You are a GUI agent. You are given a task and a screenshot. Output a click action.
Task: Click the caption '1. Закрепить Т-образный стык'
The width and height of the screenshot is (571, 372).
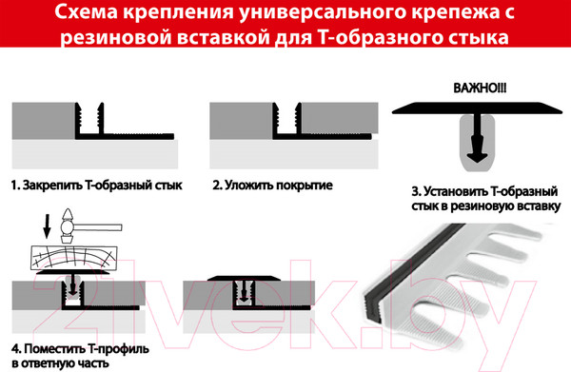coord(95,185)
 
